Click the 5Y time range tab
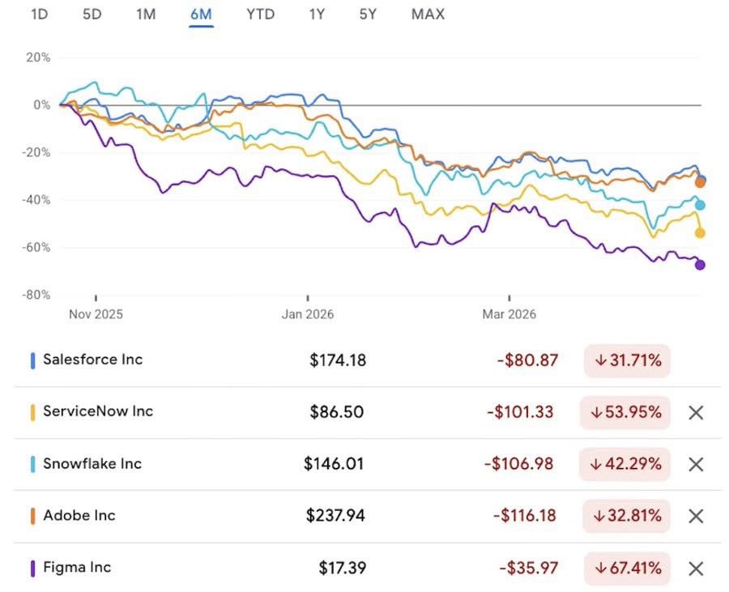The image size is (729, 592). pyautogui.click(x=368, y=15)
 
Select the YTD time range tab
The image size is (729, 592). pyautogui.click(x=260, y=15)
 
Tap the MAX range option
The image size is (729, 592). pyautogui.click(x=428, y=15)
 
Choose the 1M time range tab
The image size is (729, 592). pyautogui.click(x=146, y=15)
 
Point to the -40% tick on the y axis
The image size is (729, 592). pyautogui.click(x=36, y=200)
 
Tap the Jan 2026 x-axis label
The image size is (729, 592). pyautogui.click(x=308, y=314)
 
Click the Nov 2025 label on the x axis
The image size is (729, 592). pyautogui.click(x=96, y=314)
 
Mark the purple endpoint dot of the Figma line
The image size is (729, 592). pyautogui.click(x=700, y=265)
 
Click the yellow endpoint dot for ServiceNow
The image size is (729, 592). pyautogui.click(x=700, y=233)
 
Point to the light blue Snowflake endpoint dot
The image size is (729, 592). pyautogui.click(x=700, y=205)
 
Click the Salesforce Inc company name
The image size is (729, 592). pyautogui.click(x=92, y=360)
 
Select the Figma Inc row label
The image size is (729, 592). pyautogui.click(x=77, y=568)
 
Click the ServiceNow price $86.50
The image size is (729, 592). pyautogui.click(x=336, y=412)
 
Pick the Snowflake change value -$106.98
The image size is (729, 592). pyautogui.click(x=520, y=464)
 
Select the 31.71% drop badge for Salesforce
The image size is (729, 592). pyautogui.click(x=628, y=360)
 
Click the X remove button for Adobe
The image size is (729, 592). pyautogui.click(x=695, y=516)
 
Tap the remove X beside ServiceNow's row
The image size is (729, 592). pyautogui.click(x=695, y=412)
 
